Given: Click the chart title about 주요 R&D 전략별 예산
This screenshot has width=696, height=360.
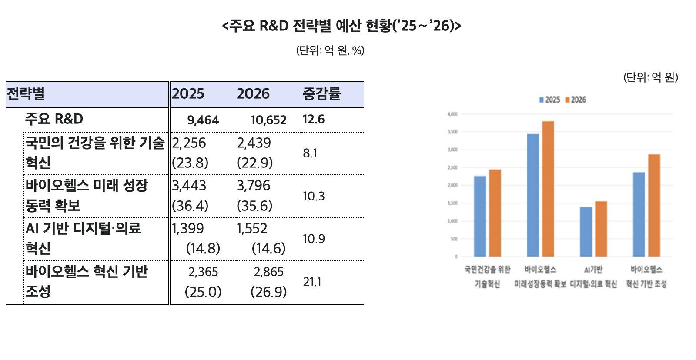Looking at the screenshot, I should click(x=341, y=26).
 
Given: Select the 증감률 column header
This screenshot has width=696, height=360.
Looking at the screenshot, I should click(x=321, y=94).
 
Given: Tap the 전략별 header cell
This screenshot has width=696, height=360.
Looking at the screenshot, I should click(x=26, y=94).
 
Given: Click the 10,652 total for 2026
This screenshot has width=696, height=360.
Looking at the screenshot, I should click(x=268, y=120).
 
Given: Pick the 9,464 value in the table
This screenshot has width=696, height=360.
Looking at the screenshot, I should click(x=203, y=120).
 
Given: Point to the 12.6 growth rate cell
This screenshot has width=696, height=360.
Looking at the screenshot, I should click(x=314, y=119).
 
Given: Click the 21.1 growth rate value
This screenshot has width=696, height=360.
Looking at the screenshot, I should click(x=312, y=282).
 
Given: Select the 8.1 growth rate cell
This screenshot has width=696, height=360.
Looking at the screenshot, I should click(x=310, y=153).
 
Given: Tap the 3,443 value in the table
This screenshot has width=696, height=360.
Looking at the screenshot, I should click(x=189, y=186).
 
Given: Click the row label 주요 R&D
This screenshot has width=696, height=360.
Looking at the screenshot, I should click(x=54, y=119).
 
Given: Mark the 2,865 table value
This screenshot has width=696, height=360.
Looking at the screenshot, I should click(x=268, y=272).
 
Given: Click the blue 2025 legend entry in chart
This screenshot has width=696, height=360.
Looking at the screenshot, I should click(x=550, y=100).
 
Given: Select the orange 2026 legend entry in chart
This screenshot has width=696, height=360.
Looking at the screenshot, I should click(x=576, y=100).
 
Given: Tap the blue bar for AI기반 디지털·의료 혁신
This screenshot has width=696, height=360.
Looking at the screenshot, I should click(x=586, y=232).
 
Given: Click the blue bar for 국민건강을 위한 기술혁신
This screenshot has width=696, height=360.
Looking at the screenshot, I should click(x=480, y=216).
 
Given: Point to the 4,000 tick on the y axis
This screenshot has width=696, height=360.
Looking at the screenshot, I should click(x=452, y=114).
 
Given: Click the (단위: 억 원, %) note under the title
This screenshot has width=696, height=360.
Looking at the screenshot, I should click(x=330, y=51).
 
